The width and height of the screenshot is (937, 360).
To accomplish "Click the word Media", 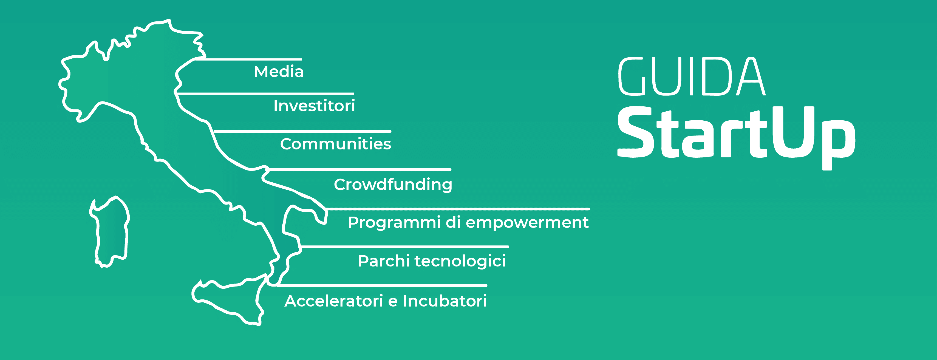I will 279,72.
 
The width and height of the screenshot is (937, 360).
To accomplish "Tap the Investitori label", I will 314,106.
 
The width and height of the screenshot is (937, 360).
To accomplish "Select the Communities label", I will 335,144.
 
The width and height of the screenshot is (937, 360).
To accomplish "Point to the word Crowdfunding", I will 393,184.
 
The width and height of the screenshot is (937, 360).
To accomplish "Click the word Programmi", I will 394,223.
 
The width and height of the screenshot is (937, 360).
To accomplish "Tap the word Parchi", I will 384,261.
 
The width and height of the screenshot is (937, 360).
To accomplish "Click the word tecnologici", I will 460,261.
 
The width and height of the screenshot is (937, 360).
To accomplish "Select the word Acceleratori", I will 333,301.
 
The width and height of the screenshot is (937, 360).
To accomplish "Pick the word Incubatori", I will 445,301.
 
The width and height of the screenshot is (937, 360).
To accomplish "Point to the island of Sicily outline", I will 229,298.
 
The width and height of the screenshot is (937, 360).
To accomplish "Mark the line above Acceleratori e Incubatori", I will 382,285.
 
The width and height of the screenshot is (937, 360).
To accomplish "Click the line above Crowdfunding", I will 360,169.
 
